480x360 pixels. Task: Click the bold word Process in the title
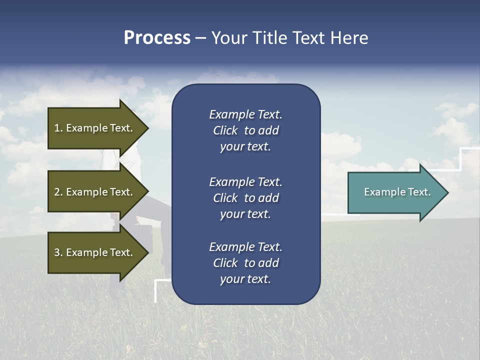157,38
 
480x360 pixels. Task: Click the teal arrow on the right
395,192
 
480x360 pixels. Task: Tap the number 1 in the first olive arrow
57,128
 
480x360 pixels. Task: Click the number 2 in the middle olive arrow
57,192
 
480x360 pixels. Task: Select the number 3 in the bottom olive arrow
57,252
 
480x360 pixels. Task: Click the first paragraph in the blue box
245,130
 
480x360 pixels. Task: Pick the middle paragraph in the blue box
245,198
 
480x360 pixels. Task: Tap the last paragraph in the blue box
245,263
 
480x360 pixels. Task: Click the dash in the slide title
200,38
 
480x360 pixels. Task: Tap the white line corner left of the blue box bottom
156,280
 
